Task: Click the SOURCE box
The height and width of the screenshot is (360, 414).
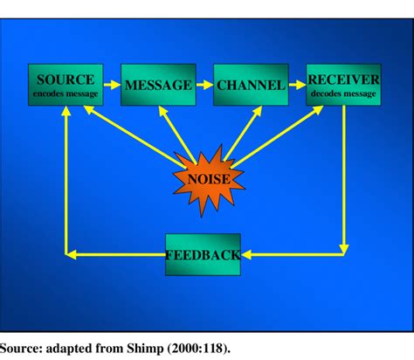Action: [x=65, y=85]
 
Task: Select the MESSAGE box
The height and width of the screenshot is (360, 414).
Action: [x=157, y=85]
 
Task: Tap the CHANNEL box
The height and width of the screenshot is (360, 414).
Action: [x=251, y=85]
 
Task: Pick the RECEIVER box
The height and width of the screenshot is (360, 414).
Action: [x=343, y=85]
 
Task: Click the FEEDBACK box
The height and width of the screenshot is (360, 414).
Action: [x=203, y=254]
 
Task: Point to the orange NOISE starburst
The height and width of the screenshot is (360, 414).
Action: [x=208, y=182]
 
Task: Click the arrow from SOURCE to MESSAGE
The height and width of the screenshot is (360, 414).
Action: [x=112, y=85]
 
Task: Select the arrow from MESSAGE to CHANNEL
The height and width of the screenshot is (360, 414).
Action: [x=204, y=85]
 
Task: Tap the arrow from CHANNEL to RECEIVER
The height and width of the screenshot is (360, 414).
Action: [x=297, y=85]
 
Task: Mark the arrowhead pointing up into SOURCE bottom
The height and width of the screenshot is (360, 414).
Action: [x=66, y=112]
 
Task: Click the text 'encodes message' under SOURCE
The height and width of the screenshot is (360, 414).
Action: [x=65, y=93]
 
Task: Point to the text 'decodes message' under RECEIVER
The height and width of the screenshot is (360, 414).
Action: [x=343, y=93]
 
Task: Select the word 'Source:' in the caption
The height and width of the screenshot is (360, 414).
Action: [x=24, y=346]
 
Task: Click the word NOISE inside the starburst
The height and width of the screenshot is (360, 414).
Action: [x=208, y=182]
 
